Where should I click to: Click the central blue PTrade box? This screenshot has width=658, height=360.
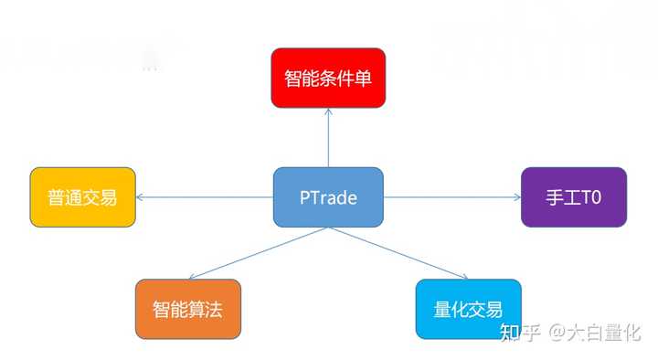tap(328, 196)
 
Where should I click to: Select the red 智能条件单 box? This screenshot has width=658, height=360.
tap(327, 78)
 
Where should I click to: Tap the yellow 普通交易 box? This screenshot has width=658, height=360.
tap(82, 196)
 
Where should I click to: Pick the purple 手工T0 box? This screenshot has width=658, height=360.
tap(573, 196)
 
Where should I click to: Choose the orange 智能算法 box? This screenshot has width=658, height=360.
tap(188, 309)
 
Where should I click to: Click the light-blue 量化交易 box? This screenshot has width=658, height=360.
tap(468, 309)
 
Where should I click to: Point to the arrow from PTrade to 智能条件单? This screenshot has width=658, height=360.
tap(328, 137)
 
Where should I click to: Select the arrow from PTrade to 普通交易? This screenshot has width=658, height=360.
tap(206, 196)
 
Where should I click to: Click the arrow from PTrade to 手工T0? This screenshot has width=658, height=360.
tap(452, 196)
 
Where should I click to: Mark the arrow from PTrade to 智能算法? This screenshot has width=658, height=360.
tap(256, 253)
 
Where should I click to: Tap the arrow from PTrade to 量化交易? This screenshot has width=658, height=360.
tap(399, 253)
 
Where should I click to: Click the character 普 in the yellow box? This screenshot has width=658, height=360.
tap(55, 197)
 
